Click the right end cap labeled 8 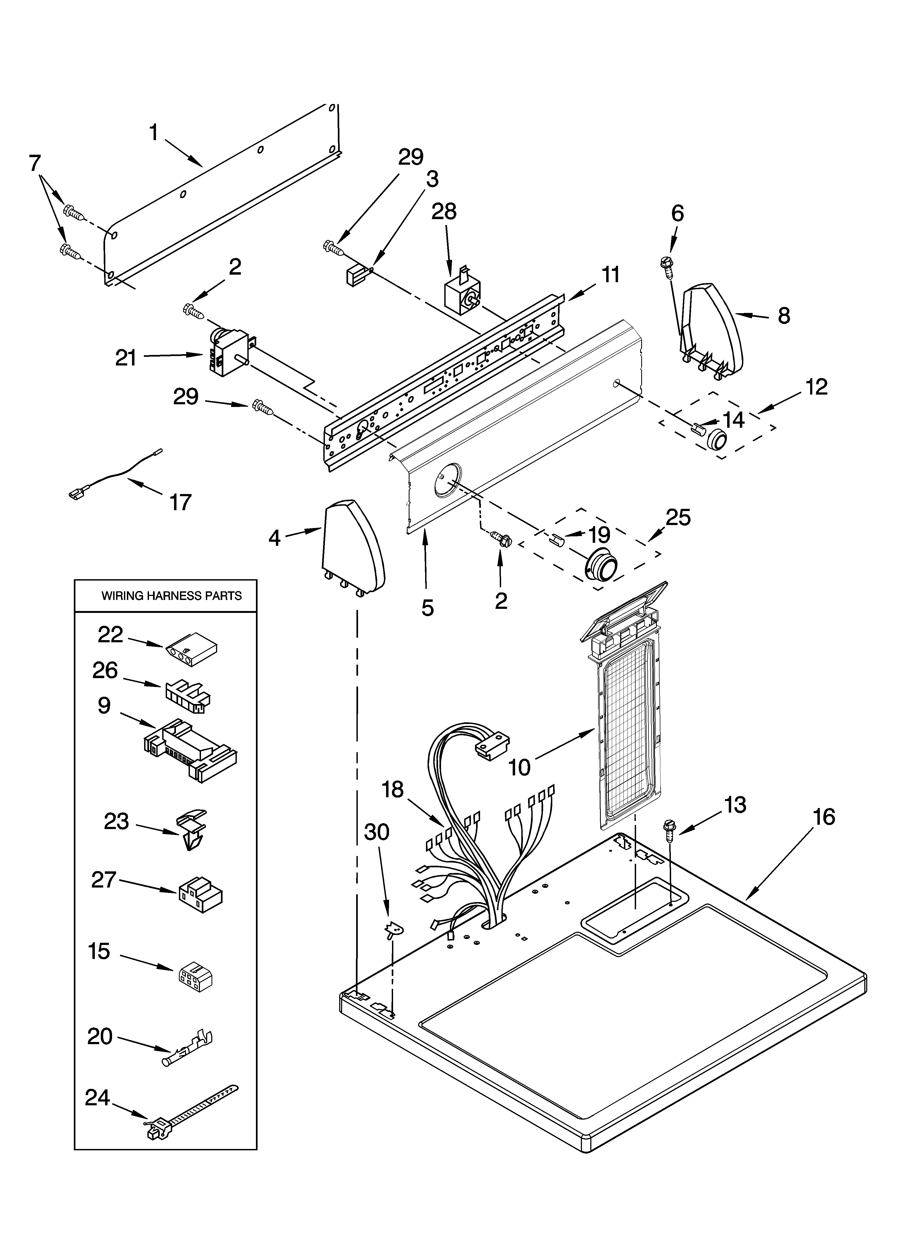pos(712,330)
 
